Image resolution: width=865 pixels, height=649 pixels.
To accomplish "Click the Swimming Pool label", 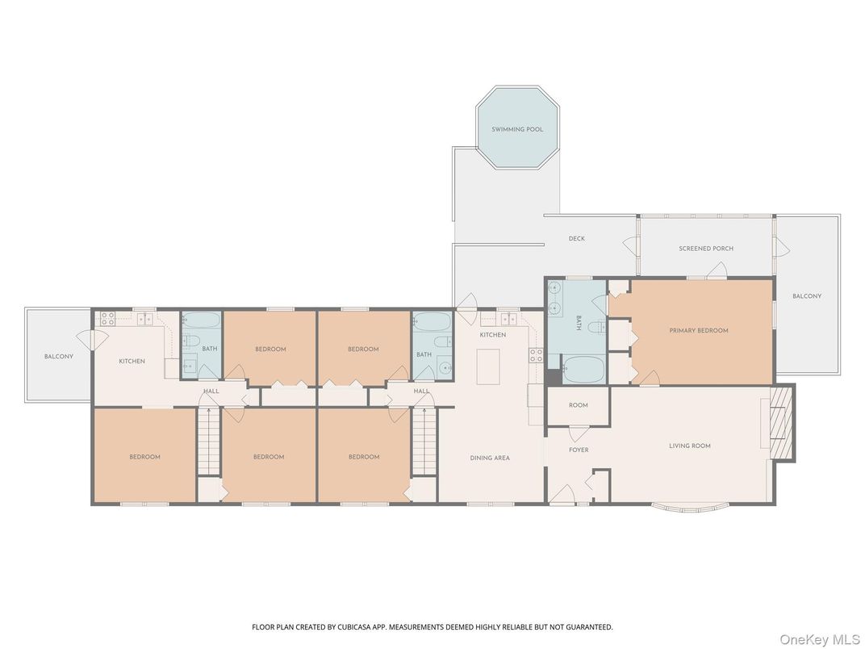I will pyautogui.click(x=517, y=129).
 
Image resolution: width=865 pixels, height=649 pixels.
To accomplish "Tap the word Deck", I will pyautogui.click(x=576, y=239).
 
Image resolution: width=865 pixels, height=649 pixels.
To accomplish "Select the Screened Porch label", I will pyautogui.click(x=706, y=249).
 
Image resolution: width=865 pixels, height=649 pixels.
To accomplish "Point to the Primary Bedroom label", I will pyautogui.click(x=699, y=330).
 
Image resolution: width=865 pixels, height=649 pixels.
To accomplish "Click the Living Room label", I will pyautogui.click(x=690, y=446).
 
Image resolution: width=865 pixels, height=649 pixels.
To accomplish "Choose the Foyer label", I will pyautogui.click(x=579, y=450).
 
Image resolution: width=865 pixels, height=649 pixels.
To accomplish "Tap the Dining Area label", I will pyautogui.click(x=490, y=458).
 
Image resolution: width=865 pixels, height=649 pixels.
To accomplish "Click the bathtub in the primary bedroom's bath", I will pyautogui.click(x=583, y=370).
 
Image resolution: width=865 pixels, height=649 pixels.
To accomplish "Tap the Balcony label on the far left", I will pyautogui.click(x=58, y=356).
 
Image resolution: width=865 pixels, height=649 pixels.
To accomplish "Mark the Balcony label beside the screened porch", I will pyautogui.click(x=806, y=296).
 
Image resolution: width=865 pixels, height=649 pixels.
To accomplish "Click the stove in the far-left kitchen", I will pyautogui.click(x=107, y=319).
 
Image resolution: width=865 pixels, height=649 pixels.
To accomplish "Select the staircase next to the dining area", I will pyautogui.click(x=424, y=442).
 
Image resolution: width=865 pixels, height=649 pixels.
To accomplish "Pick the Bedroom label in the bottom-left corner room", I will pyautogui.click(x=144, y=457).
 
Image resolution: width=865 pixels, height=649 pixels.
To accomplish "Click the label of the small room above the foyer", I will pyautogui.click(x=579, y=405).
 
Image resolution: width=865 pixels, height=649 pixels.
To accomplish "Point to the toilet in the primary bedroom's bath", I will pyautogui.click(x=595, y=328).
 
